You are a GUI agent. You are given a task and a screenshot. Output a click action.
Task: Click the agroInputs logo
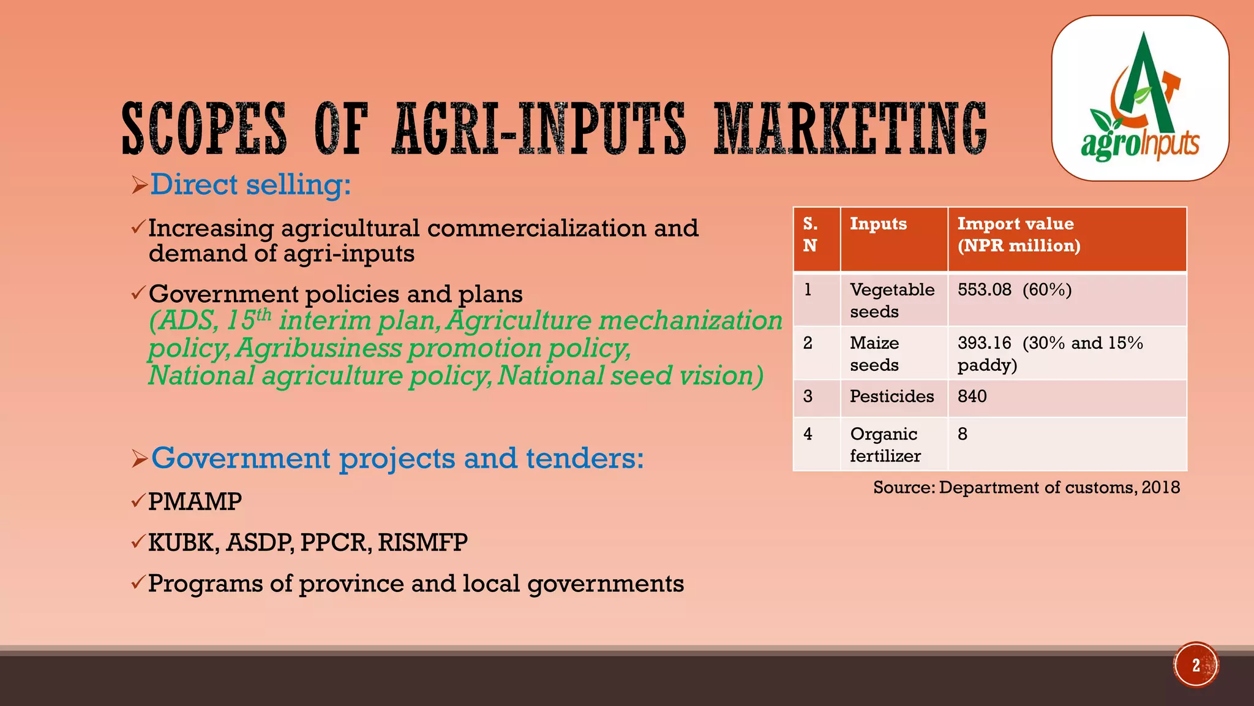coord(1140,98)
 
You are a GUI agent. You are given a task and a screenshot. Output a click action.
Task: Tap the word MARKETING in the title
coord(850,129)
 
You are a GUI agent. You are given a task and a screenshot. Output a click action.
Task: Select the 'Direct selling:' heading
coord(250,184)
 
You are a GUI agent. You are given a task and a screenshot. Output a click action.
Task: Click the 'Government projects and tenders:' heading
coord(397,458)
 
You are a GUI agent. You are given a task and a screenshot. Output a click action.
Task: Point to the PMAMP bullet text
coord(195,502)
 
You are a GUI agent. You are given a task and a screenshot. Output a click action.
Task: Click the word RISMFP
coord(422,542)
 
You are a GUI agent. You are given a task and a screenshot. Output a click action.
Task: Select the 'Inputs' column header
coord(878,224)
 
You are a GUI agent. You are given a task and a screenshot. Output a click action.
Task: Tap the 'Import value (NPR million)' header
coord(1018,235)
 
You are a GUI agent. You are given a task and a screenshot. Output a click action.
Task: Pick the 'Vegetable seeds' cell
coord(892,300)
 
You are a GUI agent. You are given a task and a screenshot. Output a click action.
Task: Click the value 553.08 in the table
coord(985,289)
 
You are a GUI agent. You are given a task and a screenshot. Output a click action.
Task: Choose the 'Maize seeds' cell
coord(874,354)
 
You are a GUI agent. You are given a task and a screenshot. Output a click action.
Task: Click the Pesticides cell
coord(892,397)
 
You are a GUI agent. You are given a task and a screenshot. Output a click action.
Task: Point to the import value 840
coord(972,397)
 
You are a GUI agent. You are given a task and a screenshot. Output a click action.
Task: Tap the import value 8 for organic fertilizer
coord(963,435)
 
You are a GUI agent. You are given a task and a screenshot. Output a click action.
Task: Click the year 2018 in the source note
coord(1160,487)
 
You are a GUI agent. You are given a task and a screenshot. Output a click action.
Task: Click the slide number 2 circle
coord(1196,665)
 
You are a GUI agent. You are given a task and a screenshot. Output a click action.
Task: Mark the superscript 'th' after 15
coord(263,314)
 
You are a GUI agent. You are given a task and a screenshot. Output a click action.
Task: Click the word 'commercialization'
coord(537,229)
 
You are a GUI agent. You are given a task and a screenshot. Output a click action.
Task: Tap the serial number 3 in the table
coord(808,397)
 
